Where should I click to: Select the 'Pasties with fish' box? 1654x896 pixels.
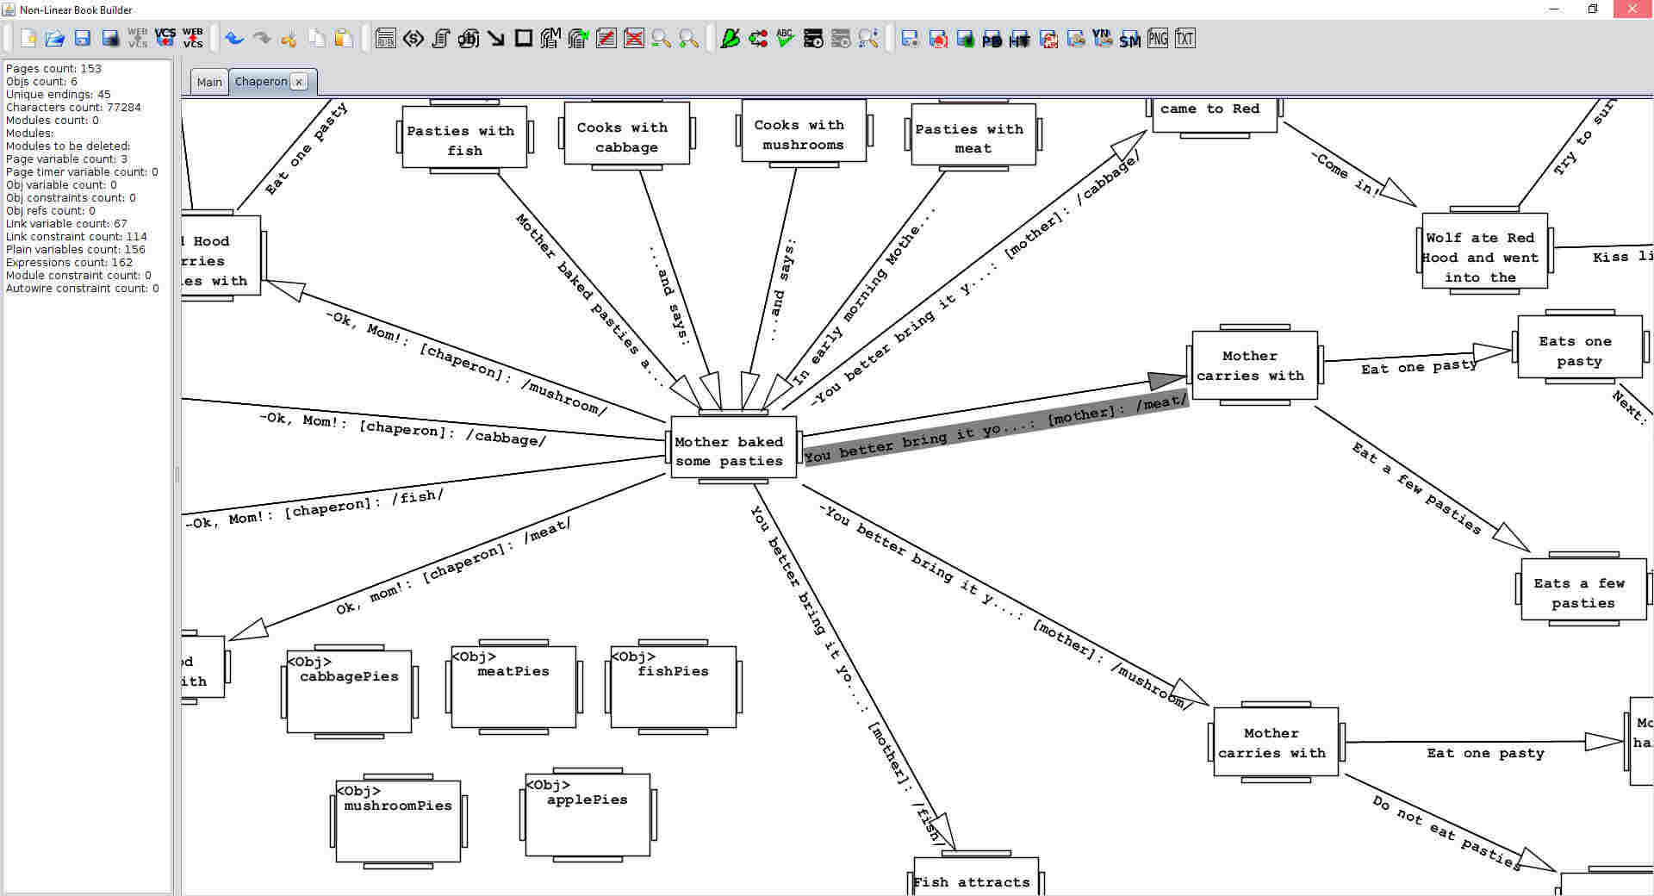(x=464, y=139)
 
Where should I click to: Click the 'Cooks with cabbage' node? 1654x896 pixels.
(x=626, y=135)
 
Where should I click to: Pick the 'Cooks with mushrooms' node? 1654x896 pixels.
(x=803, y=134)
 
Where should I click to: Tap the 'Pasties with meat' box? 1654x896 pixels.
(x=973, y=137)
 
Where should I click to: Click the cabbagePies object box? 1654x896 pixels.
(x=349, y=692)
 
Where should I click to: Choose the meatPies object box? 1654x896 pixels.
(x=513, y=687)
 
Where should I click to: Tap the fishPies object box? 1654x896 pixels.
(x=673, y=687)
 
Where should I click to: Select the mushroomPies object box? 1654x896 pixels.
(x=398, y=820)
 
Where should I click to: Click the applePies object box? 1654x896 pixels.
(x=588, y=814)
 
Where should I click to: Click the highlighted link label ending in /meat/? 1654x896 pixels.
(x=996, y=427)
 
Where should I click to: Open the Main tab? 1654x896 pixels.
(x=209, y=82)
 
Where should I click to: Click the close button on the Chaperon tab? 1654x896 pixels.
(x=299, y=82)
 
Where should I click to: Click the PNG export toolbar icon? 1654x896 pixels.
(x=1158, y=39)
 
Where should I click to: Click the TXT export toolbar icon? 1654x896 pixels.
(x=1185, y=39)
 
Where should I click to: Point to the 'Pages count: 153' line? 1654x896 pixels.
(x=54, y=68)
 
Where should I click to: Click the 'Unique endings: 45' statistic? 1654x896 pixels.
(x=59, y=94)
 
